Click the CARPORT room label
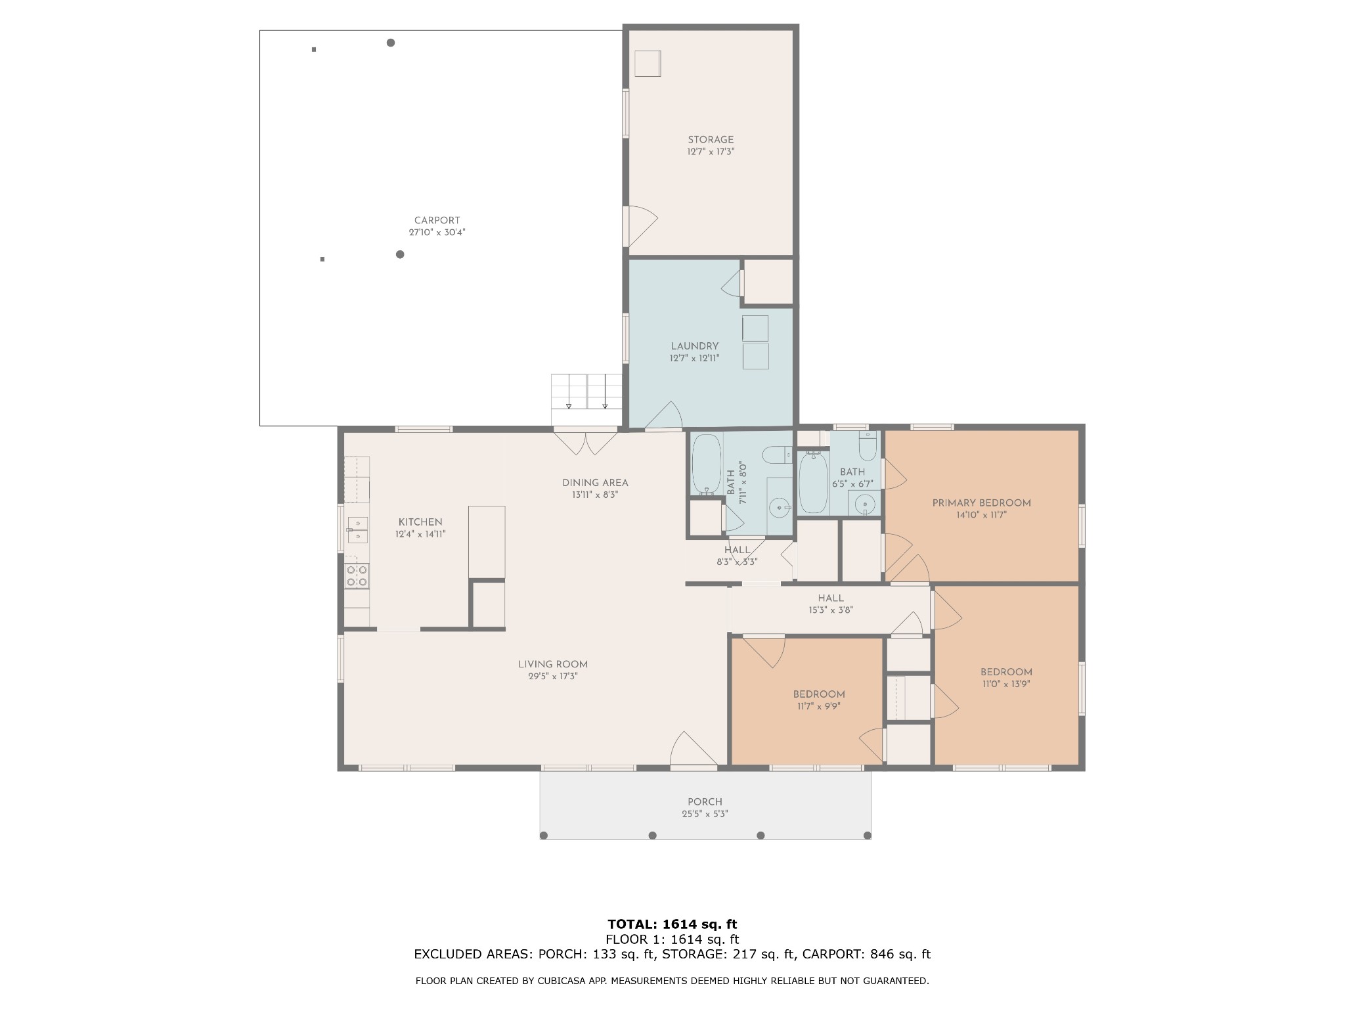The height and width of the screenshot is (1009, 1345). coord(437,221)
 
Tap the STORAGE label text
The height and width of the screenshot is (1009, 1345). coord(711,140)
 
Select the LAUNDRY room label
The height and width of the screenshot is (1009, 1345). coord(694,346)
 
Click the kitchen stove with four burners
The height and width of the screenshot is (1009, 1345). coord(357,576)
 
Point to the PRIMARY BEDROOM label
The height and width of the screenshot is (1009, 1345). coord(981,503)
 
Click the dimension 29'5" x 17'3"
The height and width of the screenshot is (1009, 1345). coord(552,676)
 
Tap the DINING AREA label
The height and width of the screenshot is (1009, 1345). coord(595,483)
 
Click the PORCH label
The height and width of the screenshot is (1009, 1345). coord(705,802)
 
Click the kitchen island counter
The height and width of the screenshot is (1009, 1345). coord(487,542)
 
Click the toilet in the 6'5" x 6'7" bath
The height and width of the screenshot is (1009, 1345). coord(868,446)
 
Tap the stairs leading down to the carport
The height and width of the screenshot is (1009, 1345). coord(586,392)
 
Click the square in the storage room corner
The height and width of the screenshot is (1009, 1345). coord(648,64)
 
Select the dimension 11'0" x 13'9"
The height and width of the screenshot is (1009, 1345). coord(1006,684)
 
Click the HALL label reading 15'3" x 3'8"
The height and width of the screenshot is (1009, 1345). coord(831,598)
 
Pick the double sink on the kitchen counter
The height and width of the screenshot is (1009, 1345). coord(357,530)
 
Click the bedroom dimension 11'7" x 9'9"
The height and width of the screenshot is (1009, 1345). coord(818,706)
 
